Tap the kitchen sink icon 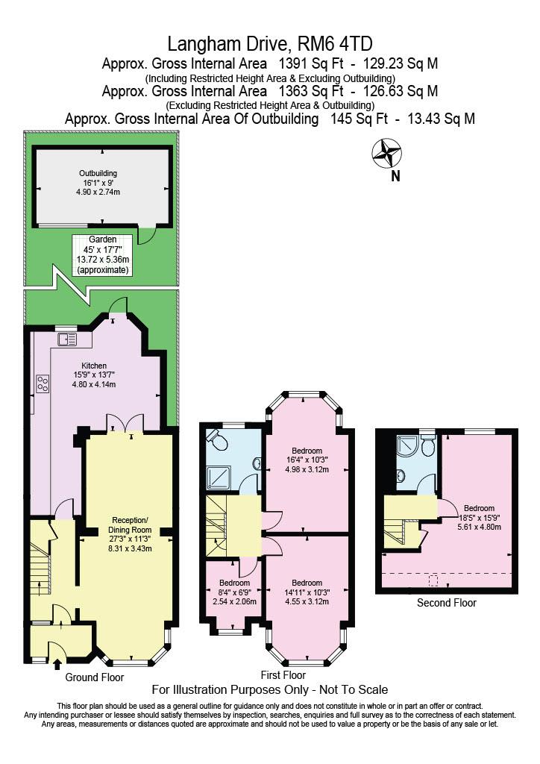click(x=67, y=340)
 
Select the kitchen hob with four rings click(x=43, y=383)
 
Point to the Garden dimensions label click(x=103, y=254)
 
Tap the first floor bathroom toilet click(x=219, y=442)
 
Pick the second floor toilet click(x=427, y=447)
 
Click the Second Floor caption click(x=446, y=603)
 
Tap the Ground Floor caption click(x=95, y=677)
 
